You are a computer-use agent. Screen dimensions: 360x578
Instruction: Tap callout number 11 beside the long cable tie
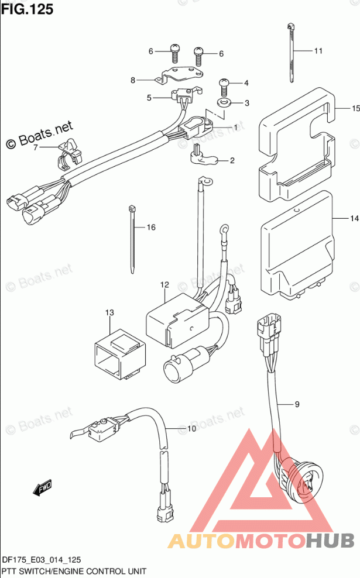tap(318, 51)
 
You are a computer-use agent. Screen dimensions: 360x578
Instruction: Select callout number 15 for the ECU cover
tap(355, 109)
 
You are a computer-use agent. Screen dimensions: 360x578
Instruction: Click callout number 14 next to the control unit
tap(354, 219)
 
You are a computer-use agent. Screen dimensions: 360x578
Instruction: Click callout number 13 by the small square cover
tap(109, 315)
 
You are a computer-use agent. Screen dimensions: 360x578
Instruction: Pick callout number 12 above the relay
tap(164, 285)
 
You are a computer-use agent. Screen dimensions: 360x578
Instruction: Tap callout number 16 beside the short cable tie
tap(151, 227)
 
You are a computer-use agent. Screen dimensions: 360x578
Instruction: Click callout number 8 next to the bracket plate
tap(133, 80)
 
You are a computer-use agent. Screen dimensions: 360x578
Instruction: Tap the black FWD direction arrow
tap(42, 487)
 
